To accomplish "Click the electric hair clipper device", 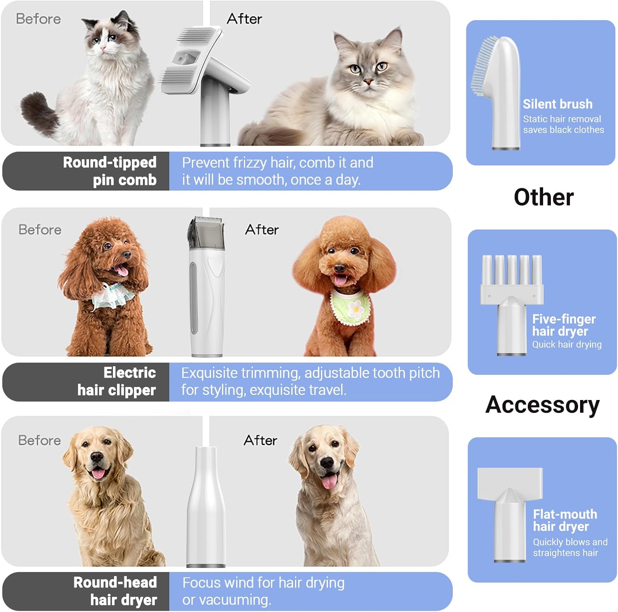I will point(207,289).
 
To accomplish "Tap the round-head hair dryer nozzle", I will point(206,507).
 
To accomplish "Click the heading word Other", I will point(543,197).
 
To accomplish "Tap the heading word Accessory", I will point(542,405).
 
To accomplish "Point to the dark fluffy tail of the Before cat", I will point(39,113).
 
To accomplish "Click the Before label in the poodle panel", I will point(40,230).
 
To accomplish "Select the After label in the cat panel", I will point(244,19).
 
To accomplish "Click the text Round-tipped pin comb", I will point(110,171).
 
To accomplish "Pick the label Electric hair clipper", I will point(117,381).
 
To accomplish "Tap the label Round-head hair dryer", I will point(115,591).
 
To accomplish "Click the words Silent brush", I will point(557,104).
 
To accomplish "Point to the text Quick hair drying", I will point(566,344).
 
